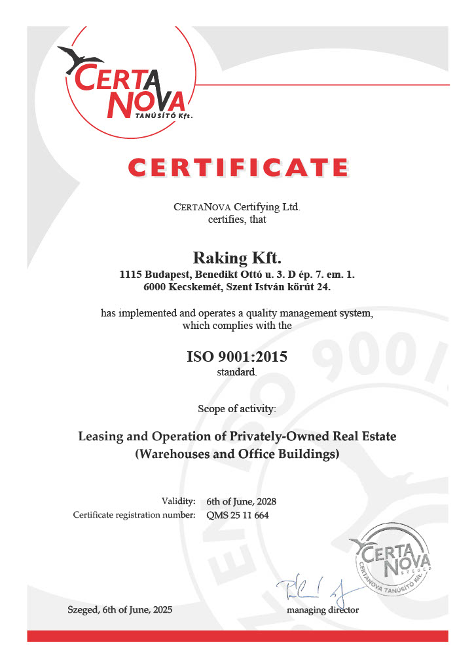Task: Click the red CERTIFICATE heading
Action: point(237,167)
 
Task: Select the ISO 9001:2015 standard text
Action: point(237,358)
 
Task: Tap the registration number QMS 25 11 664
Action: point(238,515)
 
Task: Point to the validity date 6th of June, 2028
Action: point(241,501)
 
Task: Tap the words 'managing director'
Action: point(323,610)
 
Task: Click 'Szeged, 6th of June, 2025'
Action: point(120,610)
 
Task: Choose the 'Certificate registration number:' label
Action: point(134,515)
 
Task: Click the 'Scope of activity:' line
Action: point(237,409)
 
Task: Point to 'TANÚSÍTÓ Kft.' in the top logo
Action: point(164,114)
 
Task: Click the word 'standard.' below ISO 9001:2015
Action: point(237,372)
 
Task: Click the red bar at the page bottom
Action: point(237,636)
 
